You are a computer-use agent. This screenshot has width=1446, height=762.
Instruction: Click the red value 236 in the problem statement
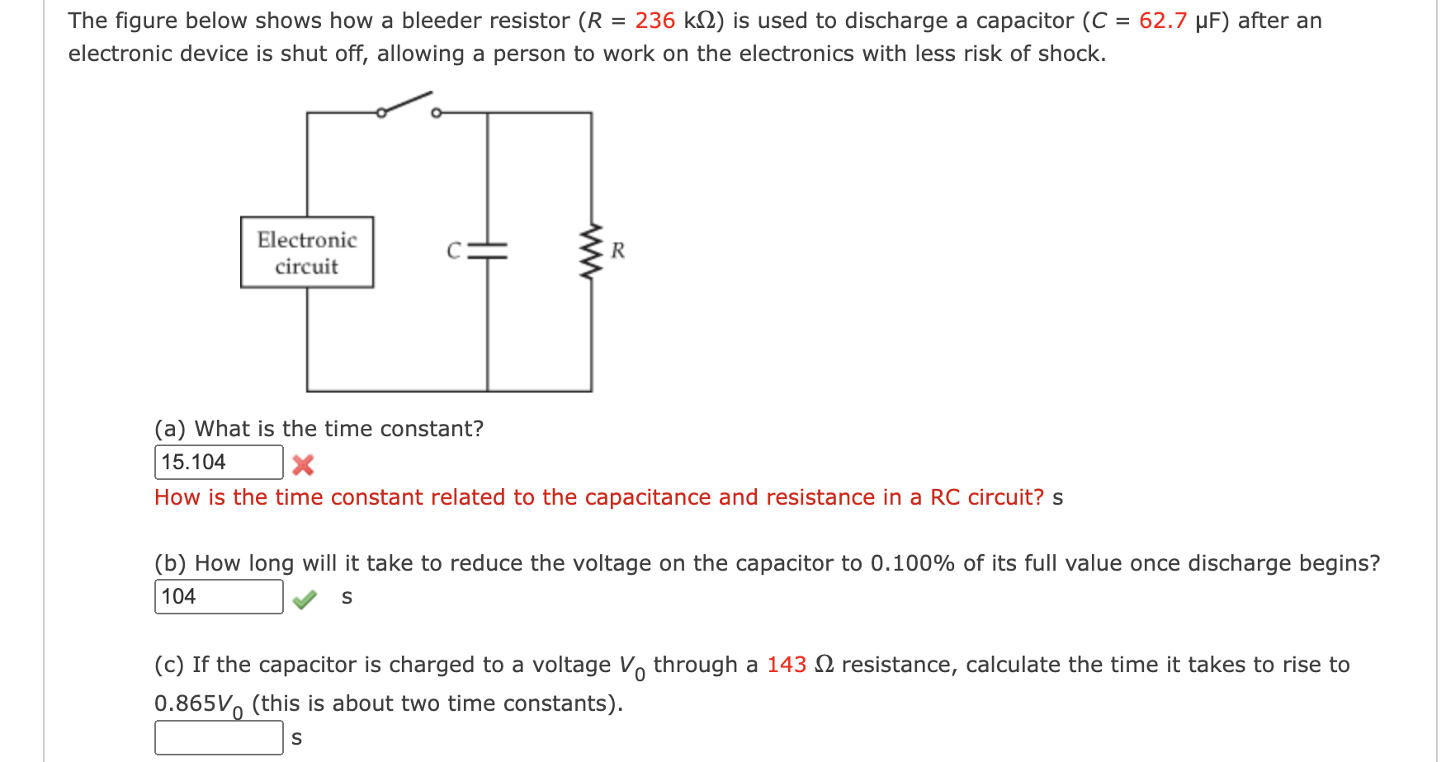(654, 21)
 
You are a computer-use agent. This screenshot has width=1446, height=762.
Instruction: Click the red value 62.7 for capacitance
(1162, 21)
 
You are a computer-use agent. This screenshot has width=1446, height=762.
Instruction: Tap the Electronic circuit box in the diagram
(307, 252)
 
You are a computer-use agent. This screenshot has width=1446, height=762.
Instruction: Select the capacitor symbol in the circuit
(487, 251)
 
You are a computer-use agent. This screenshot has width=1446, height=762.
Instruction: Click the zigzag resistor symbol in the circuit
(591, 252)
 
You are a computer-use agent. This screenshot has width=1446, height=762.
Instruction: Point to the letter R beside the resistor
(618, 251)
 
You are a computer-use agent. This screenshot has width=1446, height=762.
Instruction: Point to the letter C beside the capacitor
(453, 251)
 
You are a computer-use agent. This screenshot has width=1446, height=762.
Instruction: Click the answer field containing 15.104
(219, 462)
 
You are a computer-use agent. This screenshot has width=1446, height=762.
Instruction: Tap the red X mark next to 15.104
(303, 465)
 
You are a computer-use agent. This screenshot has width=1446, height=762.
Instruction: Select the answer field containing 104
(219, 596)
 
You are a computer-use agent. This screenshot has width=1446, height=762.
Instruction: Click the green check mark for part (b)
(305, 600)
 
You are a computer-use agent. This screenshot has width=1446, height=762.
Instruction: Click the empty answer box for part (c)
(219, 737)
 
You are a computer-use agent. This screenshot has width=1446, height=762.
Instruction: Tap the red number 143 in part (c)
(786, 665)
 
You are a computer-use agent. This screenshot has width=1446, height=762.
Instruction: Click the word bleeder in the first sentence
(440, 21)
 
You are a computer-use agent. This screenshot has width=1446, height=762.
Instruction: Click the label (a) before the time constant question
(170, 429)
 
